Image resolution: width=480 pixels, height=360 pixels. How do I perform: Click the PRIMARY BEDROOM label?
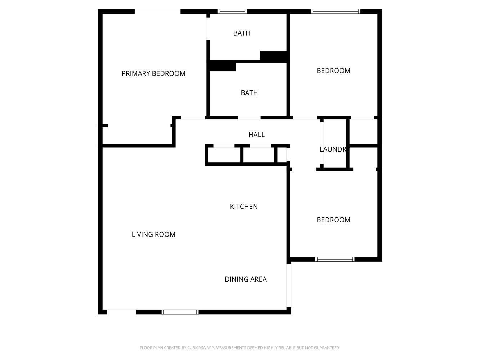pos(153,73)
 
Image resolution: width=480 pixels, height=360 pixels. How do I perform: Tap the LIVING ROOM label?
pos(153,234)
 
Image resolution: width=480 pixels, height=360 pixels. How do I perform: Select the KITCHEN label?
pos(244,206)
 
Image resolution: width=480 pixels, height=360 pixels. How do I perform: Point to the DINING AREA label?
pos(246,279)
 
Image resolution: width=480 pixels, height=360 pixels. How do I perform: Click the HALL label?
pos(256,135)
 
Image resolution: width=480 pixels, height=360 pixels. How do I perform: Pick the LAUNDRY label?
pos(333,149)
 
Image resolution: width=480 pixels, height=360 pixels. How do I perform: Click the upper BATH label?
pos(242,33)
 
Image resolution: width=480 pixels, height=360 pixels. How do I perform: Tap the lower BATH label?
pos(249,93)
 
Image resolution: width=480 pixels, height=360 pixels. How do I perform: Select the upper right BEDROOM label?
pos(333,71)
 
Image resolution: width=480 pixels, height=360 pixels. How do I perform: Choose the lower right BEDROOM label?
pos(333,220)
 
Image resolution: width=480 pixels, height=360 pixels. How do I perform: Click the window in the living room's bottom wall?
pos(180,312)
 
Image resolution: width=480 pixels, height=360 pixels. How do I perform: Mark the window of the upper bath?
pos(233,11)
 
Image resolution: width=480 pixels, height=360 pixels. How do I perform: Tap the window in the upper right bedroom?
pos(336,11)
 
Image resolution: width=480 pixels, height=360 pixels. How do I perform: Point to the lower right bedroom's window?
pos(335,259)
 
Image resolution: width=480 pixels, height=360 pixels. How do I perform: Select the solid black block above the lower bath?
pos(223,67)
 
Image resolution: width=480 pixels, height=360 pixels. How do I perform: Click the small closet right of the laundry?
pos(364,131)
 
